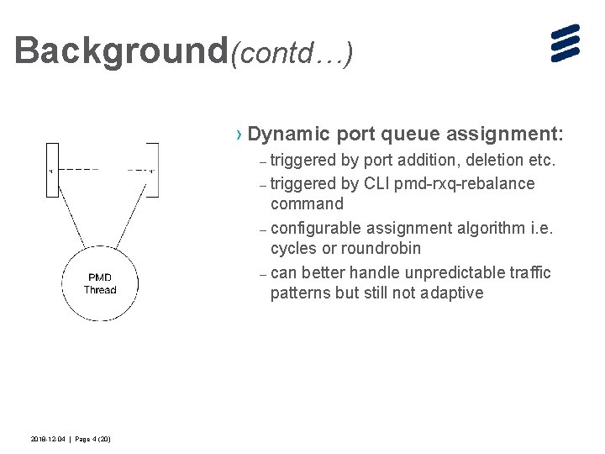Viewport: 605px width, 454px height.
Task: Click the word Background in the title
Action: tap(122, 50)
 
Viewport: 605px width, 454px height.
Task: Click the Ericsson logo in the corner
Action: tap(566, 43)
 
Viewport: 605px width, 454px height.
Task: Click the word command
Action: tap(307, 204)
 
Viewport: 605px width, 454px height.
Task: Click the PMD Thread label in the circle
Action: tap(100, 283)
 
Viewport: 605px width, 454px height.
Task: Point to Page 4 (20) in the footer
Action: tap(93, 440)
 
